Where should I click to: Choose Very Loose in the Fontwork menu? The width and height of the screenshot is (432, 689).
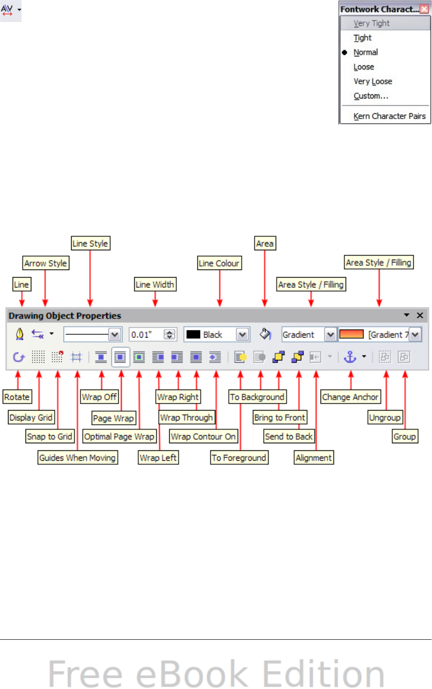[x=372, y=81]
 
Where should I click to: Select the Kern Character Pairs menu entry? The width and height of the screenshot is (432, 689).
[x=389, y=116]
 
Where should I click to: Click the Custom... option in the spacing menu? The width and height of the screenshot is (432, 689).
[x=371, y=96]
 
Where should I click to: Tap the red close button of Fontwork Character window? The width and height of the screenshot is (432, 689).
[x=424, y=9]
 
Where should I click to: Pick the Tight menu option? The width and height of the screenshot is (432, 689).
[x=362, y=38]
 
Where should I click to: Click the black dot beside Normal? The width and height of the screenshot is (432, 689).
[x=345, y=52]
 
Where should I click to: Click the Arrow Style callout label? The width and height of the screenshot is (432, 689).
[x=46, y=263]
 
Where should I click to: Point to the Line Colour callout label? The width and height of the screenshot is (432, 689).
[x=219, y=263]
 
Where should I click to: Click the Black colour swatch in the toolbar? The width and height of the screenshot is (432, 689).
[x=193, y=334]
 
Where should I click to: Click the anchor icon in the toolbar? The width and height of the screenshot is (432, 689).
[x=350, y=357]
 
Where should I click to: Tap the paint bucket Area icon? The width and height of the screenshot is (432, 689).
[x=265, y=334]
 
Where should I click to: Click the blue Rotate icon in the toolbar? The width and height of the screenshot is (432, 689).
[x=18, y=357]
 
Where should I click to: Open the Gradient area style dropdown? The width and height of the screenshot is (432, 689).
[x=330, y=334]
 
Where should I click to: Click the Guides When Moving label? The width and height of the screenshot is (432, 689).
[x=77, y=458]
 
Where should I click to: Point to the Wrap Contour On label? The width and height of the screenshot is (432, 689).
[x=203, y=437]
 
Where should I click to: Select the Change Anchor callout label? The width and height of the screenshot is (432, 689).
[x=350, y=397]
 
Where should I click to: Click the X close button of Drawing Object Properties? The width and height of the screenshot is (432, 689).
[x=420, y=316]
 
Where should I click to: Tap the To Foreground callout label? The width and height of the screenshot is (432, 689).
[x=239, y=458]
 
